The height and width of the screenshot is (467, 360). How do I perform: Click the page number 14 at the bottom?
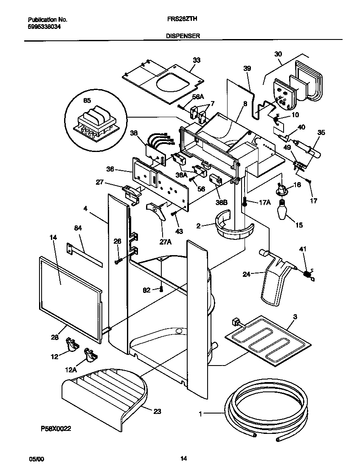click(183, 459)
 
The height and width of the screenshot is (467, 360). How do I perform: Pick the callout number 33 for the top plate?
click(196, 60)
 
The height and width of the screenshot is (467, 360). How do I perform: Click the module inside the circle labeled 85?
click(95, 123)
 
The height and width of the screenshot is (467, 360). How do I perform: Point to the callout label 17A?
click(264, 202)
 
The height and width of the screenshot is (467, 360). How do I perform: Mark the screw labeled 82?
click(161, 290)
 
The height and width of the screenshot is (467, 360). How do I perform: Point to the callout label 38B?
click(222, 203)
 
